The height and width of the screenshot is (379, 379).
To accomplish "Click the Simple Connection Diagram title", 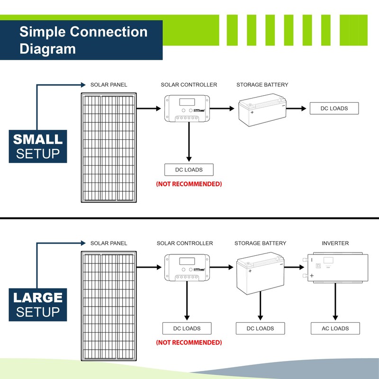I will [x=83, y=40].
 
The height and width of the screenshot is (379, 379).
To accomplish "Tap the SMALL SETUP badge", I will [x=38, y=146].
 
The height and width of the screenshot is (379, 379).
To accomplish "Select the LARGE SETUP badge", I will [x=38, y=305].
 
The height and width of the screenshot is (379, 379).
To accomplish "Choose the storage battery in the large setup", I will [x=260, y=273].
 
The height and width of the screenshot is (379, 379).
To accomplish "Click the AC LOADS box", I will [x=335, y=328].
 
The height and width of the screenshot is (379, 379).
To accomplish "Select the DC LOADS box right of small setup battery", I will [x=334, y=108].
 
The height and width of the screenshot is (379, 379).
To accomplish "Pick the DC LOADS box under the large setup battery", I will [x=261, y=328].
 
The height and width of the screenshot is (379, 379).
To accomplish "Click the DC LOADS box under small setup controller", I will [x=189, y=170].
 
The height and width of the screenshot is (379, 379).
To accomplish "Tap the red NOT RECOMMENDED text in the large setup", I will [x=189, y=342].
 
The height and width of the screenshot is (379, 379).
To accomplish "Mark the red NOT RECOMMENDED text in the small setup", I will [x=189, y=184].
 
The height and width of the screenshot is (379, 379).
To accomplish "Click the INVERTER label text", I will [x=335, y=243].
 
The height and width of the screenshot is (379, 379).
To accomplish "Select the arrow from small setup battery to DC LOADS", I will [x=296, y=108].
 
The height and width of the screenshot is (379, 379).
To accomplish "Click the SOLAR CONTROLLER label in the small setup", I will [x=189, y=85].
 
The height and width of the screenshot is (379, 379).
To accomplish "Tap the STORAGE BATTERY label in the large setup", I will [x=260, y=243].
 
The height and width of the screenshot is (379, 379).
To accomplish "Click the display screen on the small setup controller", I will [x=186, y=101].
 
